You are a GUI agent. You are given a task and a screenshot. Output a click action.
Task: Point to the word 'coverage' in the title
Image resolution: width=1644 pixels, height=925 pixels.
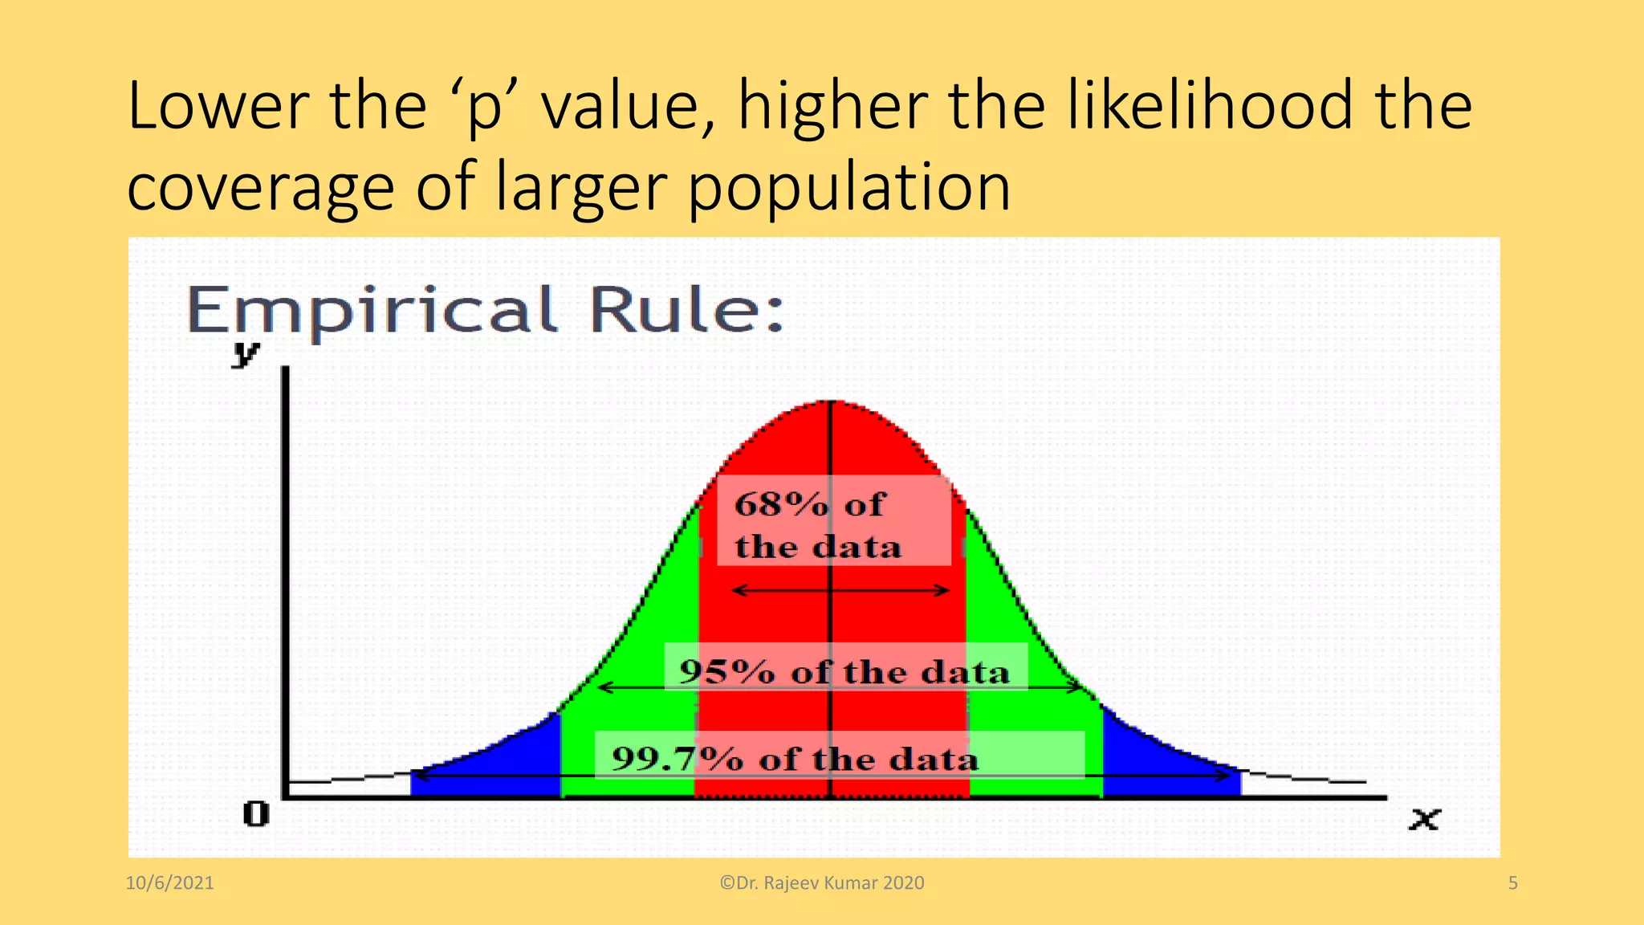pyautogui.click(x=260, y=188)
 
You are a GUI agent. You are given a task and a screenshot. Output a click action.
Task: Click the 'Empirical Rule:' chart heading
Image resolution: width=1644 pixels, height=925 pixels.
pyautogui.click(x=485, y=310)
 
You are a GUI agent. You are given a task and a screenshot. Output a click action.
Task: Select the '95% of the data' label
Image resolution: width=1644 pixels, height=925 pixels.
pyautogui.click(x=844, y=671)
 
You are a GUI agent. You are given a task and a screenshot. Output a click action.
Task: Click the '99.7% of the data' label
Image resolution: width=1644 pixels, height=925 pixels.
pyautogui.click(x=795, y=758)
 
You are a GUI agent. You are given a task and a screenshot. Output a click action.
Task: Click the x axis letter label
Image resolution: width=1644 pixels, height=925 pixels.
pyautogui.click(x=1425, y=819)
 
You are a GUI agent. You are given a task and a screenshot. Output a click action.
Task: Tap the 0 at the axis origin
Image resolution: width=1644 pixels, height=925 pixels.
pyautogui.click(x=256, y=814)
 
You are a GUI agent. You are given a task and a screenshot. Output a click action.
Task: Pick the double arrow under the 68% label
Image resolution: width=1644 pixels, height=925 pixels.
pyautogui.click(x=841, y=591)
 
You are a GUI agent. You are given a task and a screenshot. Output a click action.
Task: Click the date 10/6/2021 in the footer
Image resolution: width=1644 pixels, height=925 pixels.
pyautogui.click(x=170, y=883)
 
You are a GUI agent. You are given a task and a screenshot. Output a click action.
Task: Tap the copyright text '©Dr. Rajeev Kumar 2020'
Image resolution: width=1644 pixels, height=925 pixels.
pyautogui.click(x=822, y=883)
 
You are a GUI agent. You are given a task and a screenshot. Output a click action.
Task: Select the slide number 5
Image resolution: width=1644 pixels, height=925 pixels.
pyautogui.click(x=1513, y=883)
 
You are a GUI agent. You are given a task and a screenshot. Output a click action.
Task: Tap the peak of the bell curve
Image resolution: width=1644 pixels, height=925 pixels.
pyautogui.click(x=832, y=401)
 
